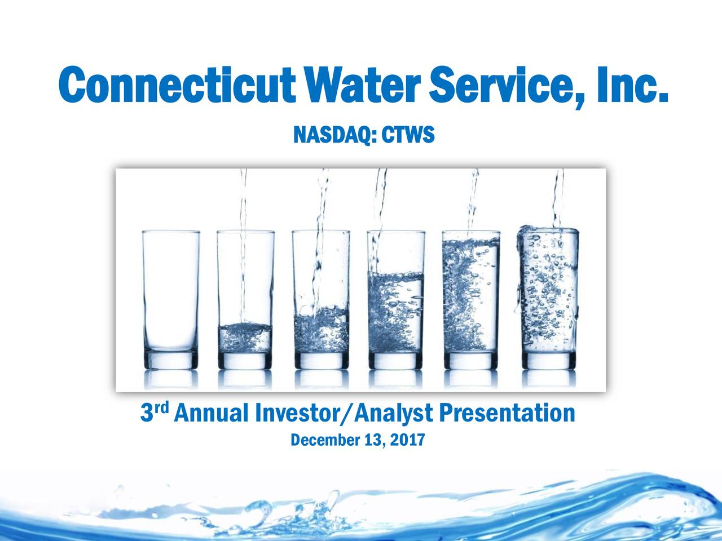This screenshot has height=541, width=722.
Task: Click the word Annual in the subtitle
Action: [x=212, y=415]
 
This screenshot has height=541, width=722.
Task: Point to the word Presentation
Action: [x=507, y=415]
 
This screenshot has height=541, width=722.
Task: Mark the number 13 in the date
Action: [x=371, y=440]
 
